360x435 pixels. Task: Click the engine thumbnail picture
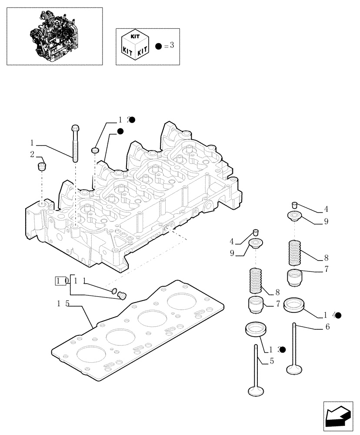[54, 36]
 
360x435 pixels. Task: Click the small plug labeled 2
[42, 167]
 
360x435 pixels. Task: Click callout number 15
[62, 303]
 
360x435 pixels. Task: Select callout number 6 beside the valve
[327, 327]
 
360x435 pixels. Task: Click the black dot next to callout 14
[338, 315]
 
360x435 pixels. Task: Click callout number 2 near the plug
[32, 154]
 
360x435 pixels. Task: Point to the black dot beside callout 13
[282, 349]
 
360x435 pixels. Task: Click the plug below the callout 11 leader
[122, 296]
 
